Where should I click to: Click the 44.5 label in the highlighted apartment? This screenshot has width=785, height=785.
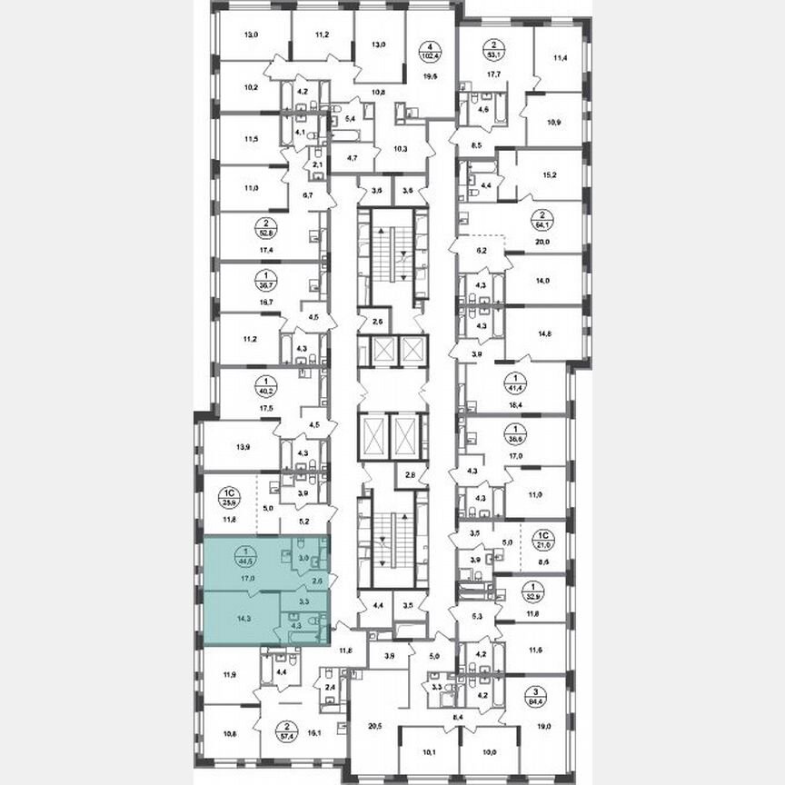[244, 557]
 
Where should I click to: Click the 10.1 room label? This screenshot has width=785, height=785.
[431, 751]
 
